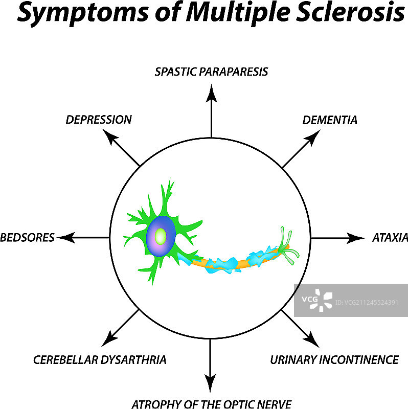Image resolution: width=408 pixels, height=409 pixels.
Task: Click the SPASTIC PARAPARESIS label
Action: point(211,71)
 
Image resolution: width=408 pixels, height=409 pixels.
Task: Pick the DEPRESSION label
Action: point(99,120)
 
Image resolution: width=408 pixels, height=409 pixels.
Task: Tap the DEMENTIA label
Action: point(330,121)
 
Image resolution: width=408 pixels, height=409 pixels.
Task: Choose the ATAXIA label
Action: point(390,238)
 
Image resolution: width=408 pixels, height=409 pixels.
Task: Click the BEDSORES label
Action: point(27,238)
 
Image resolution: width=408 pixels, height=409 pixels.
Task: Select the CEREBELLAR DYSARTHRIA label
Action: point(100,360)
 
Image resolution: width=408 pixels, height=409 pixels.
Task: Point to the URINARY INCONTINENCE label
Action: point(334,360)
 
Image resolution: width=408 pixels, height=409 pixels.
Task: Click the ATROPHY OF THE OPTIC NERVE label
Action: point(212,404)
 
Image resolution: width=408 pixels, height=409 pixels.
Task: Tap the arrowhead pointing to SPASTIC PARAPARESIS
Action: point(211,92)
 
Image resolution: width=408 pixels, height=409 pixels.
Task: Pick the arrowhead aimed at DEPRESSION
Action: point(109,137)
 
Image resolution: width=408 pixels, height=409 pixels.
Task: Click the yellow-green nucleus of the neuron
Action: point(161,236)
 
